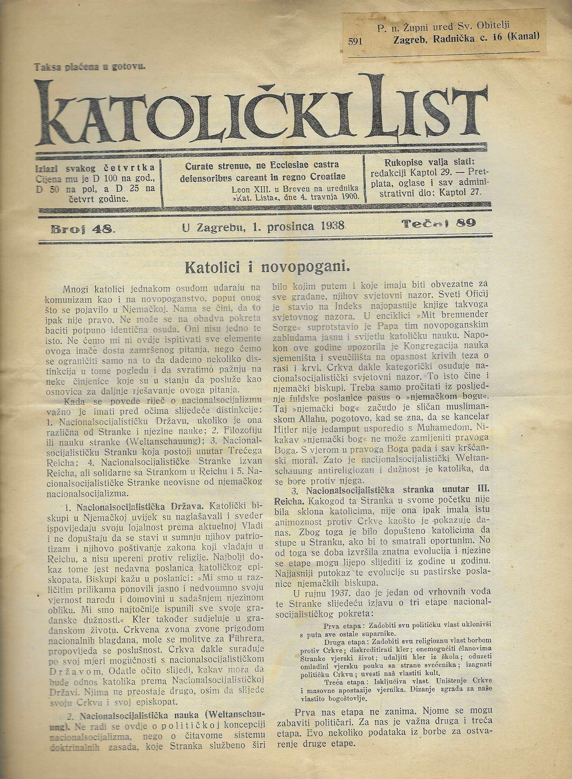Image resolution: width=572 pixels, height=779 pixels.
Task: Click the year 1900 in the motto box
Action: coord(349,196)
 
